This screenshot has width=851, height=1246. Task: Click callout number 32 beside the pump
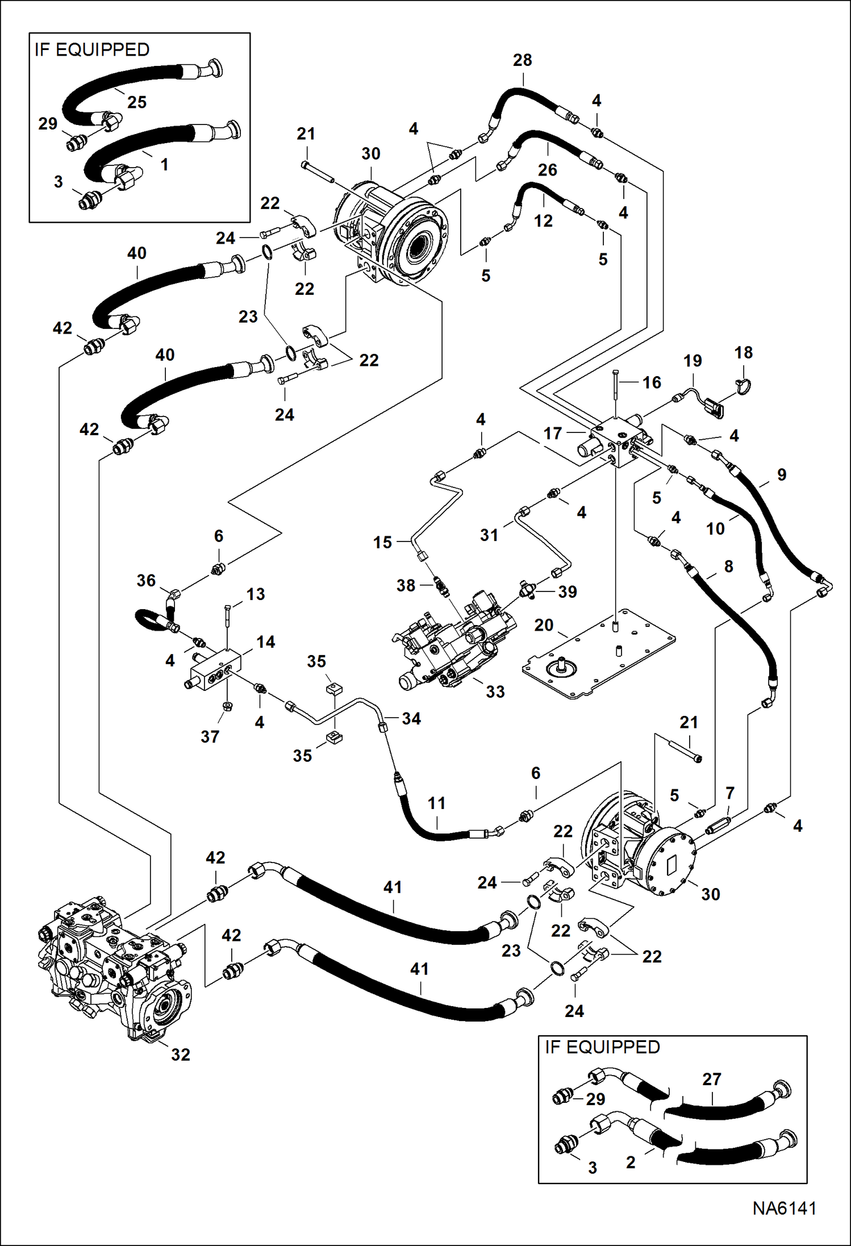(181, 1055)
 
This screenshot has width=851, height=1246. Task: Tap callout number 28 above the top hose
(522, 60)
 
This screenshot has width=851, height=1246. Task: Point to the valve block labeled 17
(616, 440)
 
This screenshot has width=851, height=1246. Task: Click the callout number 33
(495, 691)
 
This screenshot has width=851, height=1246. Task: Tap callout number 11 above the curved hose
(436, 803)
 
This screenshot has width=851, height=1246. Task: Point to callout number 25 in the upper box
(136, 102)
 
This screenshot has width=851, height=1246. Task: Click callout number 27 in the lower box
(711, 1079)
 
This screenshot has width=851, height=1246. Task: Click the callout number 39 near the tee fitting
(567, 591)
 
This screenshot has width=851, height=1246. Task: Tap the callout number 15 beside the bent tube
(382, 542)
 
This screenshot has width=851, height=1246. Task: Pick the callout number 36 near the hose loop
(146, 581)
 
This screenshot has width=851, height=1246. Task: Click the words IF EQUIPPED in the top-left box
(92, 50)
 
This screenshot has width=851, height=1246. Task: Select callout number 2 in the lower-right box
(631, 1162)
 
